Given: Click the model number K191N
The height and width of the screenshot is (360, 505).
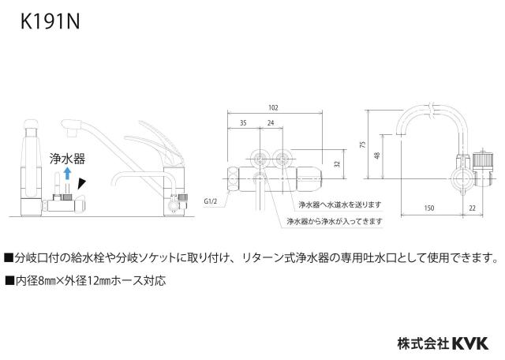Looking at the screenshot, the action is tap(50, 22).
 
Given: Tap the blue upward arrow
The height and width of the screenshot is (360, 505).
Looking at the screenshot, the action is tap(67, 173).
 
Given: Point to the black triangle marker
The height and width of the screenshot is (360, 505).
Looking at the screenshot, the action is tap(82, 184).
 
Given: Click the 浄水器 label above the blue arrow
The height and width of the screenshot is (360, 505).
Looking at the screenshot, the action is tap(67, 159).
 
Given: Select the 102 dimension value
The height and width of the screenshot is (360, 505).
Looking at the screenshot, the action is tap(273, 107).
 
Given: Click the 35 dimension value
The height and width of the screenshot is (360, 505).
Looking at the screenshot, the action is tap(243, 123).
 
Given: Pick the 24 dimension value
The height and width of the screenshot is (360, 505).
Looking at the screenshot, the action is tap(271, 123).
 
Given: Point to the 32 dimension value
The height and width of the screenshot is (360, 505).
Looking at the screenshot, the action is tap(337, 163).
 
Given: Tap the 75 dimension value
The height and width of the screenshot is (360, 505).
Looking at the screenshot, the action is tap(363, 144).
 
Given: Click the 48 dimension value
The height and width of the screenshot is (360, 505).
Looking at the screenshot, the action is tap(377, 156).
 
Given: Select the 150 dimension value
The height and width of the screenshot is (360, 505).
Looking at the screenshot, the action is tap(429, 208).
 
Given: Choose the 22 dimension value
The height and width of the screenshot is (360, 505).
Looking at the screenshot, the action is tap(472, 208).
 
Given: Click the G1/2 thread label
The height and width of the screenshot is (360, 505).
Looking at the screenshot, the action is tap(211, 202).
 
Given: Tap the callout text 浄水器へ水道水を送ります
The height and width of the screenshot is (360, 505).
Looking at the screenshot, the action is tap(340, 204).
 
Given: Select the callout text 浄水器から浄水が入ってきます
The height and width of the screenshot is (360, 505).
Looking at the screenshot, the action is tap(335, 221).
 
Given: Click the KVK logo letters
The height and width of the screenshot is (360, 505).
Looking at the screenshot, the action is tap(470, 343).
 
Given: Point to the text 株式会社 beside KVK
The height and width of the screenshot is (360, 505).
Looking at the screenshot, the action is tap(424, 343).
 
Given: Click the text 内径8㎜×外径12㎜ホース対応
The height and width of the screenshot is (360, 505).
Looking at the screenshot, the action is tap(86, 281).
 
